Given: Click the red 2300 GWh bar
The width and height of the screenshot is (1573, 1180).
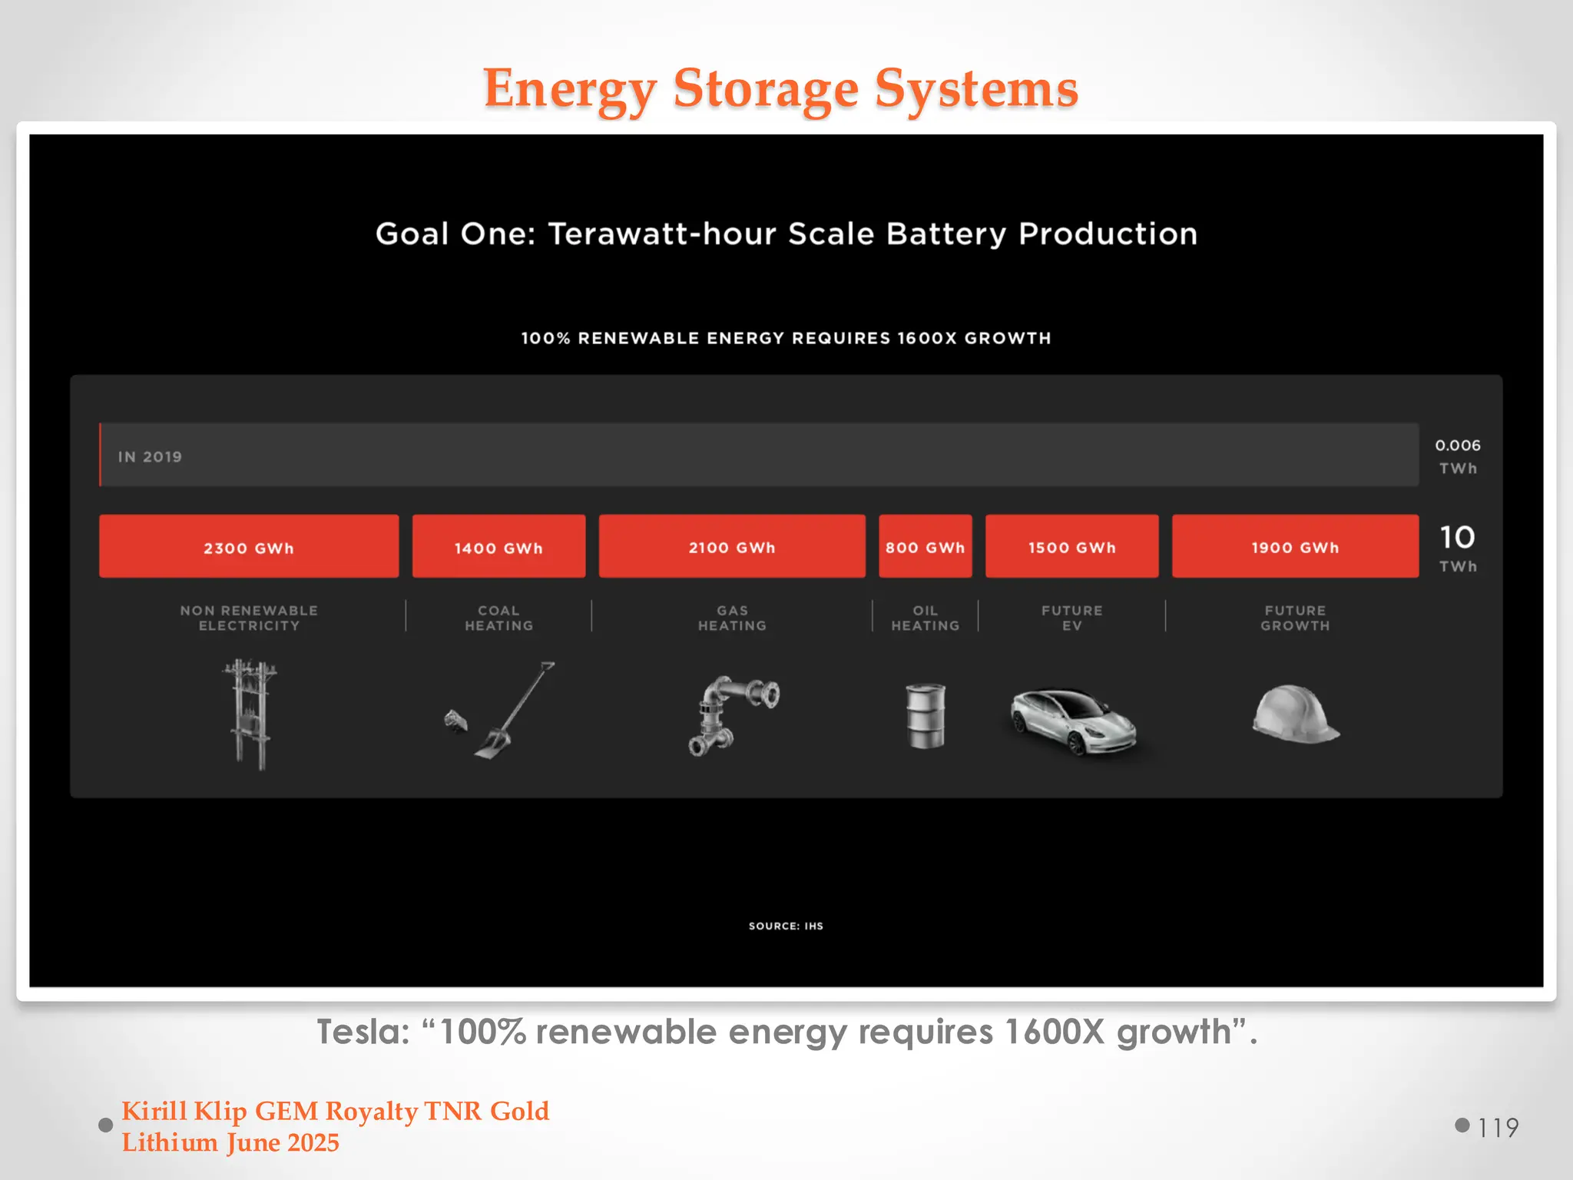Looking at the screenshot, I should point(249,546).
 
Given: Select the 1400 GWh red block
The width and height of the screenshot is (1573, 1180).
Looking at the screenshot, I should point(498,546).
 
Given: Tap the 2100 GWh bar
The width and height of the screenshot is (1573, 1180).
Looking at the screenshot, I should point(732,546).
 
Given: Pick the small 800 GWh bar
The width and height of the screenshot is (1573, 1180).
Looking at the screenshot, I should point(925,546).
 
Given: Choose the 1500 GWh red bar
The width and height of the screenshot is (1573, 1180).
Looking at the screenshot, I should point(1071,546).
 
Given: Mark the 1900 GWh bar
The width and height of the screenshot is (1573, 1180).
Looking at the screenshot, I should point(1295,546).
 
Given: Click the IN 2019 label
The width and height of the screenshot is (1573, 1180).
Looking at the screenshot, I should point(150,456).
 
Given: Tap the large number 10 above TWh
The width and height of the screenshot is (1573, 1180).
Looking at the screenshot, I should point(1457,537).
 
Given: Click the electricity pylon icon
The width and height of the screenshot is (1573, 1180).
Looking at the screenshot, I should point(250,714).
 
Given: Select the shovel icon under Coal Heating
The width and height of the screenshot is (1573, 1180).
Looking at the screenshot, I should point(513,711).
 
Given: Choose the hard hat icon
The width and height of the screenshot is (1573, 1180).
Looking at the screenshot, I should point(1295,714).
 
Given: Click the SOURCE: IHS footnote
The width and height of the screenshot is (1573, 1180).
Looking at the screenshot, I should point(786,926).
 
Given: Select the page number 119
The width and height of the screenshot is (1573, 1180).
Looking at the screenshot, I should point(1498,1127).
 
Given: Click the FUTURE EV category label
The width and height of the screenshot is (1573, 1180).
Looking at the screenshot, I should point(1071,618).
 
